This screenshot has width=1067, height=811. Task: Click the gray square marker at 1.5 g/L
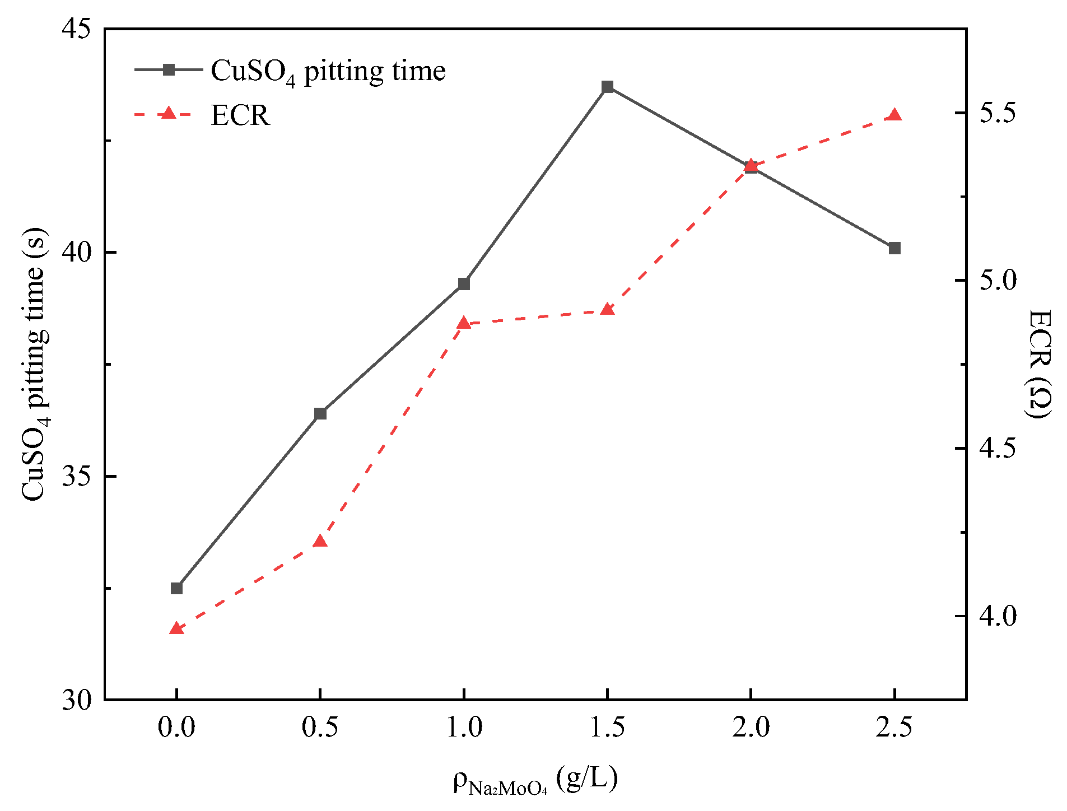(607, 87)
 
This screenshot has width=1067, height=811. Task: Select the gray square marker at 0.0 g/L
(176, 588)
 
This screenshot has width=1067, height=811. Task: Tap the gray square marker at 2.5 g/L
(894, 248)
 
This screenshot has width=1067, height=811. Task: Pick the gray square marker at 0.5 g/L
(320, 414)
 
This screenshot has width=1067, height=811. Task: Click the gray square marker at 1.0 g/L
(464, 284)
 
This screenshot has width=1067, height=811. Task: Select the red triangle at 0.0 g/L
(176, 629)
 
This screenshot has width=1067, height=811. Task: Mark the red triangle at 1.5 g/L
(607, 310)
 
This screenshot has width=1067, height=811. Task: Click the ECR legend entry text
(240, 115)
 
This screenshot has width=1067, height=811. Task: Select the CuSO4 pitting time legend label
(328, 71)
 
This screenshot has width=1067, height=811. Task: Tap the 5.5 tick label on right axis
(998, 113)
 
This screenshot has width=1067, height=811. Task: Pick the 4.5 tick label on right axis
(998, 448)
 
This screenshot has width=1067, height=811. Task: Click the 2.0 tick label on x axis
(751, 728)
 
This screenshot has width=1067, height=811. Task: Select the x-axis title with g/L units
(535, 780)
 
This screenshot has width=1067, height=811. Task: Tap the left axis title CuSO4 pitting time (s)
(35, 364)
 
